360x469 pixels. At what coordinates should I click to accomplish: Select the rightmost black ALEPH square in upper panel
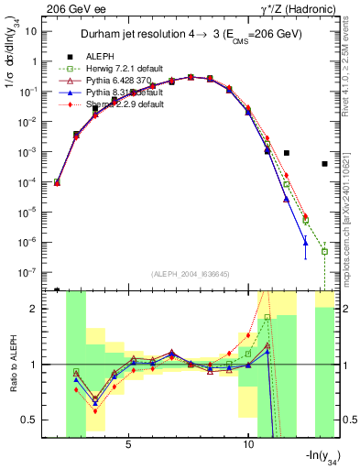point(324,164)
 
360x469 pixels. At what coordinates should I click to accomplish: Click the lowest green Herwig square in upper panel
point(324,251)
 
